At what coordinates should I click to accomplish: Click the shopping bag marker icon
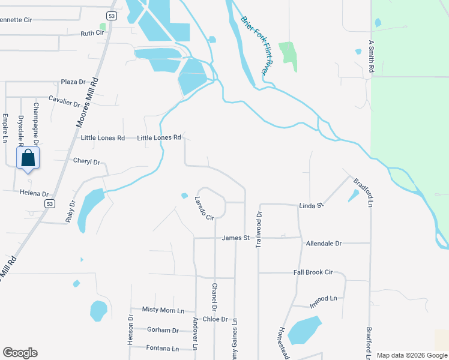coord(28,159)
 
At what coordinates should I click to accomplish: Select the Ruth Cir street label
coord(92,34)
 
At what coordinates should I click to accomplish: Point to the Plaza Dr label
coord(74,82)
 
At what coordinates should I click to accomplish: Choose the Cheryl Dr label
coord(86,161)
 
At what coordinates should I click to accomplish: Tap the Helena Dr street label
coord(34,194)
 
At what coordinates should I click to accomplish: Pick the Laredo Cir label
coord(204,208)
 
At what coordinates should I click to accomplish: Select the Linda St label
coord(312,206)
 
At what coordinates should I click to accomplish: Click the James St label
coord(235,238)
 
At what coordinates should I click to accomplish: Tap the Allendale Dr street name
coord(324,244)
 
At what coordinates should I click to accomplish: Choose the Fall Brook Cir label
coord(313,272)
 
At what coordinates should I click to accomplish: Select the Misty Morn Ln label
coord(163,310)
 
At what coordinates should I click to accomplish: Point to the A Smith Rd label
coord(372,58)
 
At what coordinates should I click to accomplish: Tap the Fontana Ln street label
coord(162,349)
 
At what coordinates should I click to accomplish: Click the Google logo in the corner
coord(20,353)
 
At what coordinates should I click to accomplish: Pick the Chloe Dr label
coord(215,319)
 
